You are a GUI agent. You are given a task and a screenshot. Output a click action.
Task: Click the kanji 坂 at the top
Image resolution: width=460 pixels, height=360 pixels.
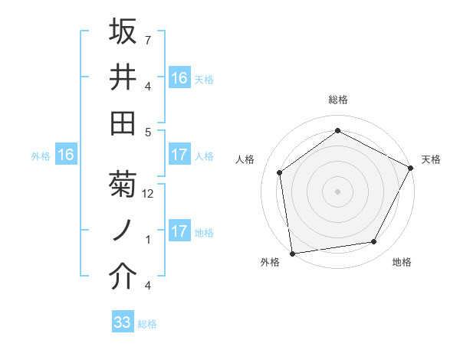123,31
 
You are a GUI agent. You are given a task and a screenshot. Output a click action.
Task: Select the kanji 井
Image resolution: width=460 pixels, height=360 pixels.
123,77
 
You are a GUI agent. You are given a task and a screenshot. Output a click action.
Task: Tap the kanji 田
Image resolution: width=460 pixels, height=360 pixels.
123,123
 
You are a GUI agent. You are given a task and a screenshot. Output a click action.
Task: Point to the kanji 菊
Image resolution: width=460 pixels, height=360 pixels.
123,185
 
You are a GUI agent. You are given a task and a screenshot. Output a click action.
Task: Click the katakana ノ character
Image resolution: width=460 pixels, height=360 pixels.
123,231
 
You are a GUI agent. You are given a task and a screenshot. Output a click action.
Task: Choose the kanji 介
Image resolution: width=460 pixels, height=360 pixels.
123,277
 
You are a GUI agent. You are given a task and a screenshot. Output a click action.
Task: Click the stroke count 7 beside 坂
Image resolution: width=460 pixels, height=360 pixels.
149,39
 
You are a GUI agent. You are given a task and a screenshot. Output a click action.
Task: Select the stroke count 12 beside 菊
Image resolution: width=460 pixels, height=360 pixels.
149,194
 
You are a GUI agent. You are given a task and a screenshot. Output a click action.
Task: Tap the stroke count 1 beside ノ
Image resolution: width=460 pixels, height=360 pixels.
149,239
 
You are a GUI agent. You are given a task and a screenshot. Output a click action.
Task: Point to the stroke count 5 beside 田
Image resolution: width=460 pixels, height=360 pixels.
149,132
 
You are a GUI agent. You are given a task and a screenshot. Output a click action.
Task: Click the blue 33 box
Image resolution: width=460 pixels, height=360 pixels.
123,322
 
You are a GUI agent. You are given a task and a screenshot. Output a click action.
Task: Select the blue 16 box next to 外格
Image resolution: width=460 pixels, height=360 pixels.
66,155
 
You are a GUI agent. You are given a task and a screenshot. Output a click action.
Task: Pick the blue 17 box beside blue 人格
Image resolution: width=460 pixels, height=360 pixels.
179,155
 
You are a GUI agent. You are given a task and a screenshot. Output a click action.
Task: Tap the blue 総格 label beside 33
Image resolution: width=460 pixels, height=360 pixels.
148,324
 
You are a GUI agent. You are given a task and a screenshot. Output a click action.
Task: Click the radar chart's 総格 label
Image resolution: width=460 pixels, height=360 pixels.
338,100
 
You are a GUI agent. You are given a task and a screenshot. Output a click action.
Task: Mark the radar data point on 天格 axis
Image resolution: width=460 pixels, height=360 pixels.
411,168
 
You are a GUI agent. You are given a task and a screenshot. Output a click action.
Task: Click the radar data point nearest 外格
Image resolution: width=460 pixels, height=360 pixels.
292,253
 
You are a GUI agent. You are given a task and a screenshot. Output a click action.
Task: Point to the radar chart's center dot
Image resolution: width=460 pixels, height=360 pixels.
338,191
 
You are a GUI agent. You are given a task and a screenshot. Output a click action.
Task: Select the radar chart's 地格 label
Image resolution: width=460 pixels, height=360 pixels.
402,263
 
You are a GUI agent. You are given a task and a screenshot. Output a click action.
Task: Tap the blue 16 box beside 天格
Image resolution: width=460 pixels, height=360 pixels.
179,77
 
